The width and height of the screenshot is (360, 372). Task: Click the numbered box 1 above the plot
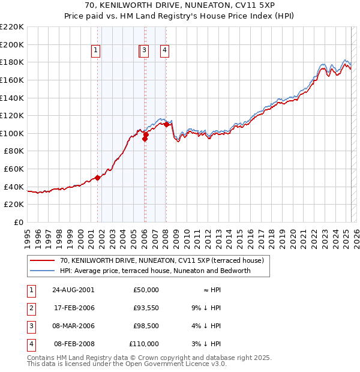click(x=96, y=51)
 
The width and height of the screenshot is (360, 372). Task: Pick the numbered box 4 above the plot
click(x=164, y=51)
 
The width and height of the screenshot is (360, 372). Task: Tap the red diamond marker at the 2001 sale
click(x=97, y=178)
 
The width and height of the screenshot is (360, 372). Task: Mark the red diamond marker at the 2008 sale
click(x=166, y=124)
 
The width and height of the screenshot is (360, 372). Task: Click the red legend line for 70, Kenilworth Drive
click(x=43, y=261)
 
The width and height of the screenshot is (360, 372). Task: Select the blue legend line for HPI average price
click(x=43, y=271)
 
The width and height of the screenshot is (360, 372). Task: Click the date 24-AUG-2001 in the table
click(x=73, y=290)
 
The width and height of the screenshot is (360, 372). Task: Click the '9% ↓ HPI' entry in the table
click(x=205, y=308)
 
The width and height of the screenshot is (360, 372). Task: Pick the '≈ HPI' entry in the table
click(x=209, y=290)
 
